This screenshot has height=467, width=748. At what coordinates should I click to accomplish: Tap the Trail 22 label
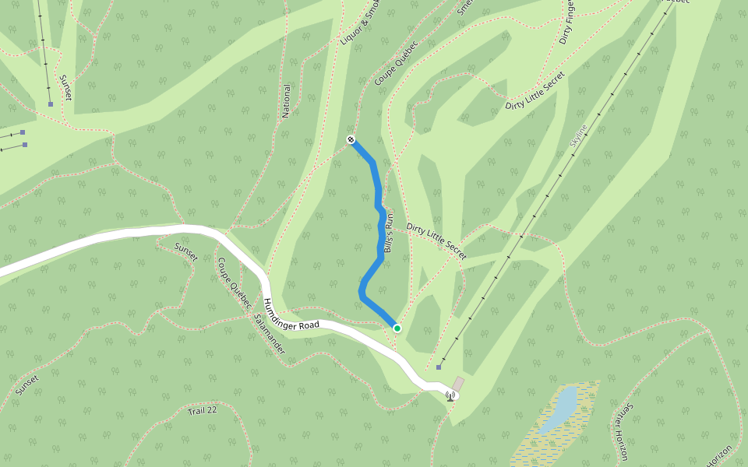(203, 410)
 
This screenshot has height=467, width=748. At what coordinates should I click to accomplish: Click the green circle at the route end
(397, 328)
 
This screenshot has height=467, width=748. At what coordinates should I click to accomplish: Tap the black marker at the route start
(351, 140)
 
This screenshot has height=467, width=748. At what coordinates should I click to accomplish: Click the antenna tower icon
(450, 396)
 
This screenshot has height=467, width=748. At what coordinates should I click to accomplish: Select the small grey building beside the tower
(458, 384)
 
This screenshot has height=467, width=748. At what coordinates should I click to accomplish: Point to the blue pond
(559, 409)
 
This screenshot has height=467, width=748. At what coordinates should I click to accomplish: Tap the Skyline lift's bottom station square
(439, 367)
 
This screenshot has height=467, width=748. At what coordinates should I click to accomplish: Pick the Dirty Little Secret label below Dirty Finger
(535, 94)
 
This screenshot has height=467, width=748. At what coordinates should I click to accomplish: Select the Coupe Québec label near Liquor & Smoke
(396, 64)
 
